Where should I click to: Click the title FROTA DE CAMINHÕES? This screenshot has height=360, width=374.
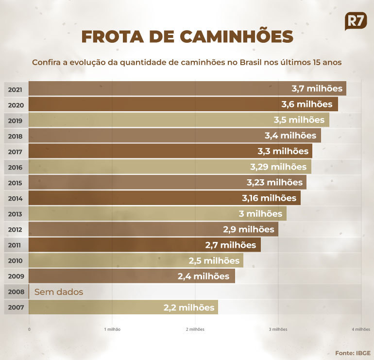click(187, 37)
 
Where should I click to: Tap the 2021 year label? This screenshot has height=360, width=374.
click(16, 89)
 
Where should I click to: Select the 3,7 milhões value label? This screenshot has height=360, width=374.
click(317, 88)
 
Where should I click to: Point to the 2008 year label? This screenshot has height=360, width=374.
click(16, 292)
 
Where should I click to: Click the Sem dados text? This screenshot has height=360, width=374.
click(59, 292)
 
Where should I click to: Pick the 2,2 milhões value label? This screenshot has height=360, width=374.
click(188, 308)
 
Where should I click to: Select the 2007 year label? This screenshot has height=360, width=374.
click(16, 308)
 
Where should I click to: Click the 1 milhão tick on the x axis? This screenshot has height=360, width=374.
click(112, 329)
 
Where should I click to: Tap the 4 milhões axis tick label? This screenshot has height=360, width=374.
click(361, 329)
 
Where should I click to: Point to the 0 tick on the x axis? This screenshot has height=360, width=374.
click(30, 329)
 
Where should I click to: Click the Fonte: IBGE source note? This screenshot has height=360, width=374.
click(352, 353)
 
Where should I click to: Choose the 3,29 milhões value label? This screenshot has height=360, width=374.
click(278, 167)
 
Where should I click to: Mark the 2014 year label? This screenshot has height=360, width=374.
click(16, 198)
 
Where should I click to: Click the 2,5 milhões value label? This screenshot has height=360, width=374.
click(214, 261)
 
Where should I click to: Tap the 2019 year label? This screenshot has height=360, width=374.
click(16, 120)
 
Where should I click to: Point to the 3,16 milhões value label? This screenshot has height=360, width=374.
click(269, 198)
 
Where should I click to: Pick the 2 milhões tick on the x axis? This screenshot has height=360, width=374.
click(195, 329)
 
